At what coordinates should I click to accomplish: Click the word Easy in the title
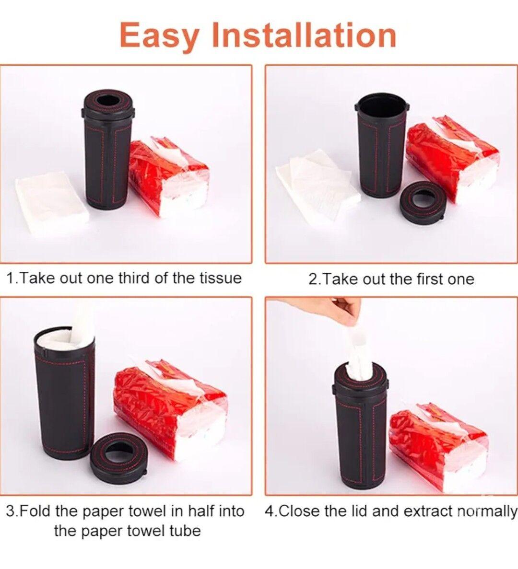tap(159, 35)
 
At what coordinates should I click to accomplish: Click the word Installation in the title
tap(304, 35)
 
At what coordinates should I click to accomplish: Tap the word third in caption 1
tap(134, 279)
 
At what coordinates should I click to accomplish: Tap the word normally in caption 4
tap(486, 511)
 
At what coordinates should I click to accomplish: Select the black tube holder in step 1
tap(107, 150)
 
